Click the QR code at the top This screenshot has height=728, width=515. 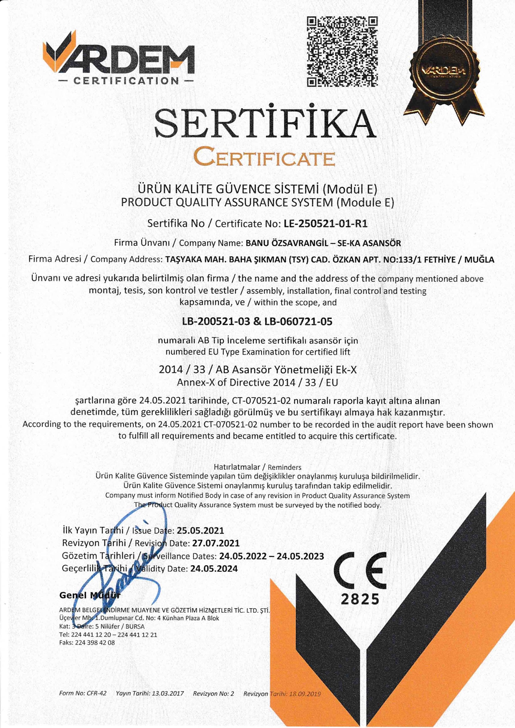[x=342, y=52]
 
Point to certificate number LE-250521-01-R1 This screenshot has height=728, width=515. [x=326, y=224]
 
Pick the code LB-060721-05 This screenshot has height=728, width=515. [x=296, y=322]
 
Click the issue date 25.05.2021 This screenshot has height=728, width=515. [x=200, y=530]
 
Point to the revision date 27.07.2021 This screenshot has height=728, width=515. [x=216, y=543]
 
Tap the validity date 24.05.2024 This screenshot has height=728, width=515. [x=214, y=568]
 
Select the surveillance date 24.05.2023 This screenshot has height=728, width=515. [x=300, y=556]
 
